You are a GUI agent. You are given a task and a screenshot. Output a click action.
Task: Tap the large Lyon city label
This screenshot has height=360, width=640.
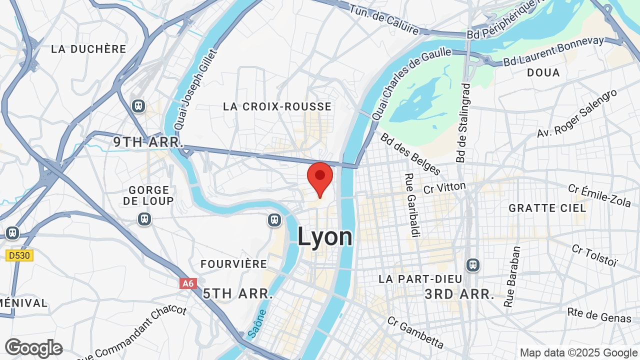pyautogui.click(x=325, y=236)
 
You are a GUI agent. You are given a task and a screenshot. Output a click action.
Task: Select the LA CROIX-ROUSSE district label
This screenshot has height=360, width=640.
pyautogui.click(x=277, y=106)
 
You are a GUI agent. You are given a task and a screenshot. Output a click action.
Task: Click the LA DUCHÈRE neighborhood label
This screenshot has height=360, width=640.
pyautogui.click(x=89, y=49)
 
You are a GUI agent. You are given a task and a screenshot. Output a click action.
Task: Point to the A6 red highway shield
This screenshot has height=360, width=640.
pyautogui.click(x=188, y=283)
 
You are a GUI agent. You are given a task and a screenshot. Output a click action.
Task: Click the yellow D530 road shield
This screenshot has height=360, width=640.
pyautogui.click(x=19, y=255)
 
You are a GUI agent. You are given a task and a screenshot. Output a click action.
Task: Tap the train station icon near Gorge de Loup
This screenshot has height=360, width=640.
pyautogui.click(x=144, y=218)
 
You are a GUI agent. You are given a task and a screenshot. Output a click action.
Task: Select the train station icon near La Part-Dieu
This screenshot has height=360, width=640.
pyautogui.click(x=472, y=264)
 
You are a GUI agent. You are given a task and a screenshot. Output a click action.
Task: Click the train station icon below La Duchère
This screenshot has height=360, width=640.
pyautogui.click(x=138, y=106)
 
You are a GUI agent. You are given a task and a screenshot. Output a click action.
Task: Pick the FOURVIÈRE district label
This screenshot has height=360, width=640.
pyautogui.click(x=234, y=264)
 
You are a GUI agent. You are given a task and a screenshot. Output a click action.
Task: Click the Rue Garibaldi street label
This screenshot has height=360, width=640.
pyautogui.click(x=413, y=205)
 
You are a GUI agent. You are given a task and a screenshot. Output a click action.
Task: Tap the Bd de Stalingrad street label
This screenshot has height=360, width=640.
pyautogui.click(x=463, y=122)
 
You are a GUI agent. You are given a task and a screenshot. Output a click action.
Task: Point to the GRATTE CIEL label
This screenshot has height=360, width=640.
pyautogui.click(x=547, y=208)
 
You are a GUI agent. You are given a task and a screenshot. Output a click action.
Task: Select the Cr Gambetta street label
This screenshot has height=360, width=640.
pyautogui.click(x=415, y=332)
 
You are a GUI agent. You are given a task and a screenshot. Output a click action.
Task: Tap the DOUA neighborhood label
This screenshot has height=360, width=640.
pyautogui.click(x=543, y=72)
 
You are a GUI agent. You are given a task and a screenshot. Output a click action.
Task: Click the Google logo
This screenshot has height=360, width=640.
pyautogui.click(x=34, y=348)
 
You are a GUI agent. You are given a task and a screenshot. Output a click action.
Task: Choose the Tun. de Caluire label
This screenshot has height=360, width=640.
pyautogui.click(x=384, y=20)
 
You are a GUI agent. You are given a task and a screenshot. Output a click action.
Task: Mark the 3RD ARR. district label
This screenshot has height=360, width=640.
pyautogui.click(x=459, y=294)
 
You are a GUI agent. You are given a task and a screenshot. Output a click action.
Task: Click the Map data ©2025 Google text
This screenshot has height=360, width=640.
pyautogui.click(x=578, y=352)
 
